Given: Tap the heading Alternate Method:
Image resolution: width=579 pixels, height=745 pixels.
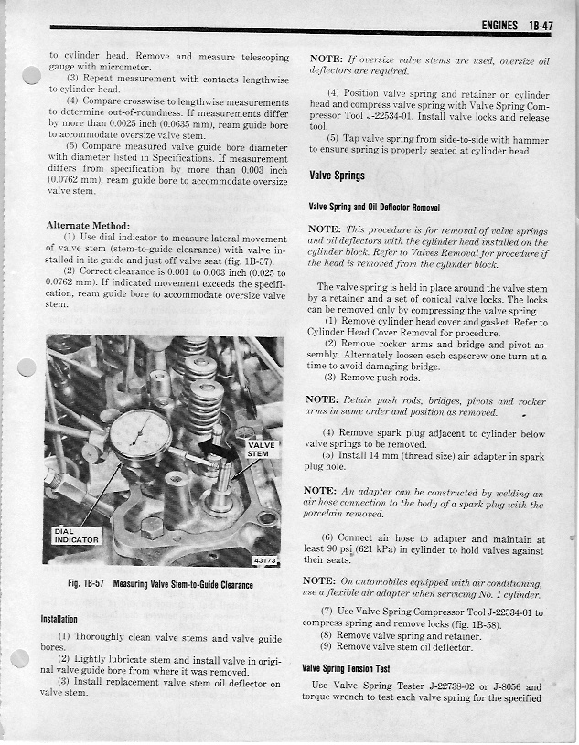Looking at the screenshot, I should click(86, 225).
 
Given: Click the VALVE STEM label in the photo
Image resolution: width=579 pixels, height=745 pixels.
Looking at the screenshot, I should click(257, 448).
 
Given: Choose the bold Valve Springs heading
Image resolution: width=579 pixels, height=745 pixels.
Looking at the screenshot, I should click(337, 176).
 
